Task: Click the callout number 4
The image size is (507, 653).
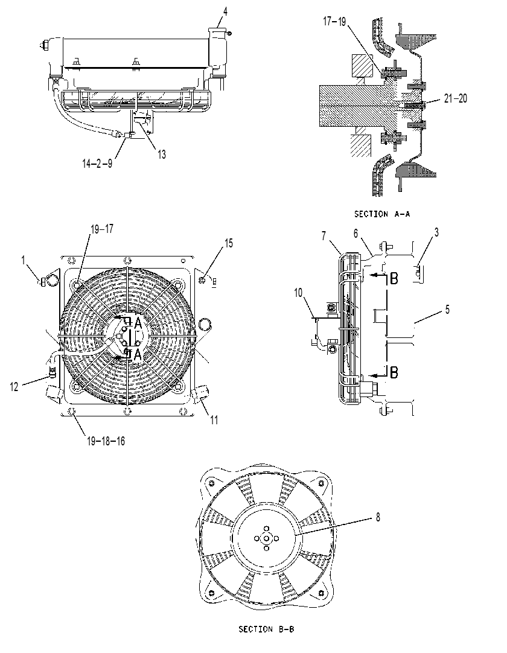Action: click(225, 11)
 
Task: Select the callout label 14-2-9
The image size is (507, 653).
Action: click(97, 163)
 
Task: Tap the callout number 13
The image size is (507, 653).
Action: click(162, 154)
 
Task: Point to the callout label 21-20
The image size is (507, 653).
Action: click(455, 98)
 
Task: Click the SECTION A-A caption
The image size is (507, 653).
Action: click(382, 214)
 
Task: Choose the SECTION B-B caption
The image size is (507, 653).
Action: click(266, 629)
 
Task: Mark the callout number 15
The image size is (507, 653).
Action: click(229, 243)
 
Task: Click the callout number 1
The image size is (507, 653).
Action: click(24, 261)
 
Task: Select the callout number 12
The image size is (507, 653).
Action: click(14, 386)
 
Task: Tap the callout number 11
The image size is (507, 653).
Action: click(214, 419)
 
